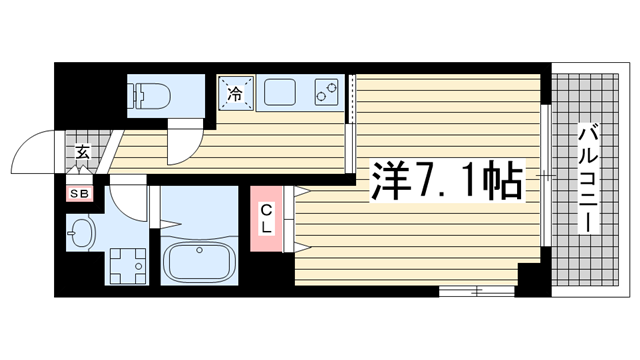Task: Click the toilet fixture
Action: (x=149, y=96)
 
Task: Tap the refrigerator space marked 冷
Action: (x=236, y=93)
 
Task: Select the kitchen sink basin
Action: (x=280, y=92)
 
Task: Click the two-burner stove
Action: (x=326, y=92)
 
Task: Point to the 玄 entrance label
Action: (x=82, y=152)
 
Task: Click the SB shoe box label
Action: (x=80, y=194)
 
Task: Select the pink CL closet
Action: (x=266, y=218)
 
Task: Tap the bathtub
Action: (x=200, y=262)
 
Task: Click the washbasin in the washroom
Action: (x=81, y=233)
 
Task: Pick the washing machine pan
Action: (x=127, y=266)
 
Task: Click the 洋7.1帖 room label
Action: (x=447, y=181)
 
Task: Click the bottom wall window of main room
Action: (x=476, y=291)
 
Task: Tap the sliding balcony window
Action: (x=546, y=176)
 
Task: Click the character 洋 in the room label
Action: (x=390, y=181)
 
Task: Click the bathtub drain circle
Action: (x=200, y=250)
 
